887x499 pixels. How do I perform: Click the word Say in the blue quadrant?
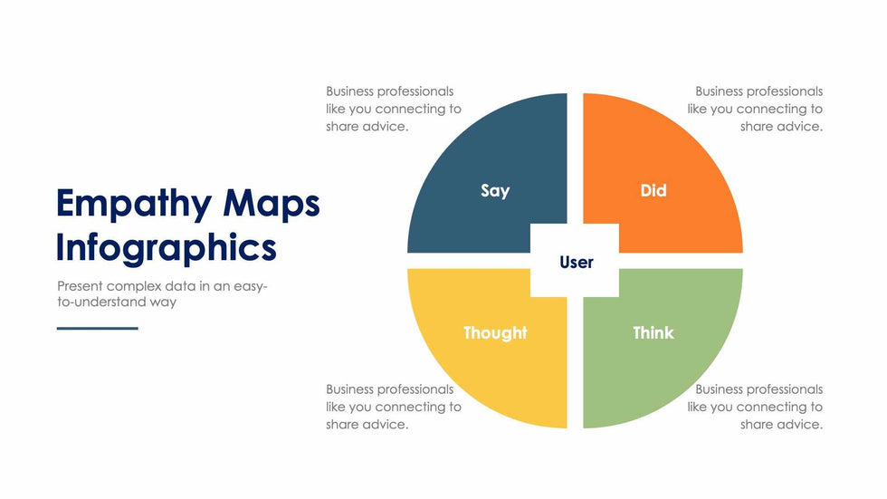[495, 191]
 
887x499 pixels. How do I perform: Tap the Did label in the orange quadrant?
[653, 191]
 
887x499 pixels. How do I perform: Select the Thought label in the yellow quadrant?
[495, 332]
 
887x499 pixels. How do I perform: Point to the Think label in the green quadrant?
[653, 332]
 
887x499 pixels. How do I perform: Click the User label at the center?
[577, 262]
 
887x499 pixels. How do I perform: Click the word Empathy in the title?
[134, 205]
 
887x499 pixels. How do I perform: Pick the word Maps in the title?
[272, 205]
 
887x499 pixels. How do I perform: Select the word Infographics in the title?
[167, 248]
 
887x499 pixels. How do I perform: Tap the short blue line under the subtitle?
[98, 328]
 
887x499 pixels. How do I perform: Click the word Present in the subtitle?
[80, 285]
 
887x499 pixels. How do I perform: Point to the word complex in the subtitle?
[132, 287]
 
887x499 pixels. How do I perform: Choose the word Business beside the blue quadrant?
[350, 91]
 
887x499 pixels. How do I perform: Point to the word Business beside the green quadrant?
[720, 389]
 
